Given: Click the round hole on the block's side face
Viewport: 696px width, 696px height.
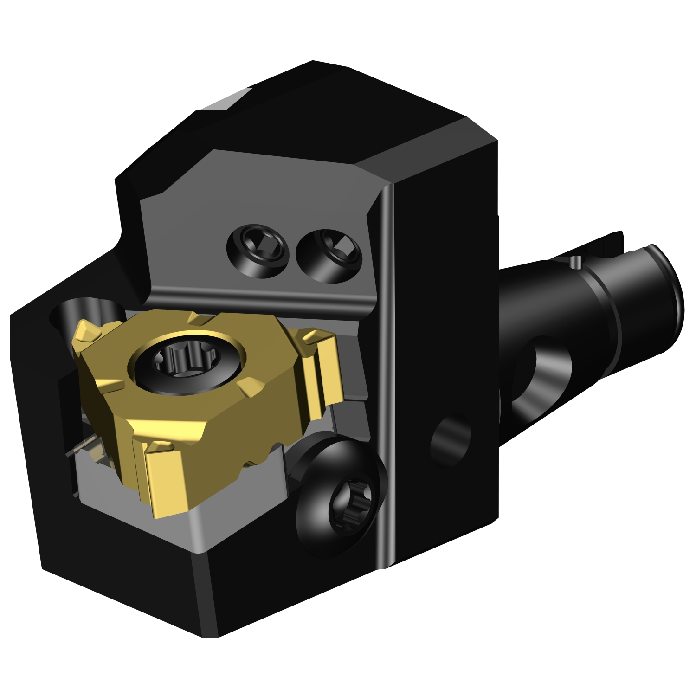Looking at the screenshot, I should [x=450, y=441].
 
